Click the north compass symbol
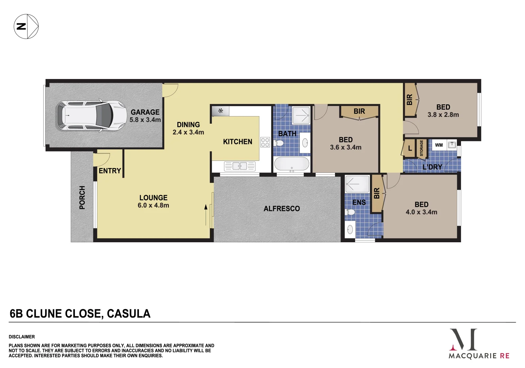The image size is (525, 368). click(x=26, y=26)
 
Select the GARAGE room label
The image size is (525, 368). click(x=145, y=112)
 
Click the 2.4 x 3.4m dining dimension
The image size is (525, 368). click(x=188, y=133)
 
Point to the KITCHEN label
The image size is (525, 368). click(x=238, y=142)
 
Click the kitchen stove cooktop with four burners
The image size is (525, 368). click(x=265, y=142)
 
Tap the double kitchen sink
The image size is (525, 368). click(x=240, y=166)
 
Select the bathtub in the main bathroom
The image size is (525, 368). click(x=292, y=164)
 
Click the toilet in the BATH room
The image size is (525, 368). click(x=279, y=143)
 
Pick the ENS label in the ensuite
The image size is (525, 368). click(x=359, y=202)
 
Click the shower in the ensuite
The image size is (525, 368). click(x=357, y=184)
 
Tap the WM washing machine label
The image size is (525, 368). click(x=439, y=145)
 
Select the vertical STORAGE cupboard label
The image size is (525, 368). click(x=421, y=148)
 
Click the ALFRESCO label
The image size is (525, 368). click(x=282, y=209)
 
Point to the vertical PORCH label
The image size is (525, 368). click(x=82, y=198)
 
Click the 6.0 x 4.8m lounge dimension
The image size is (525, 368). click(x=153, y=205)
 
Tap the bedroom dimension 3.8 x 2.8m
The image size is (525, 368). click(x=443, y=115)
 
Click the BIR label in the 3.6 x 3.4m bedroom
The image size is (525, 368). click(x=359, y=111)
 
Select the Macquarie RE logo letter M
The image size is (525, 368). click(x=463, y=339)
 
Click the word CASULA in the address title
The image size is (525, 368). click(x=128, y=314)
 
